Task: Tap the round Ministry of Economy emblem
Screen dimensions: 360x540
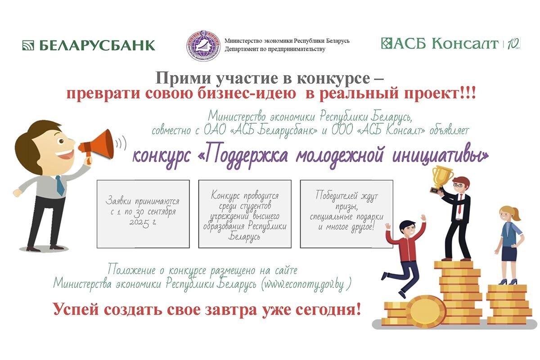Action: coord(204,45)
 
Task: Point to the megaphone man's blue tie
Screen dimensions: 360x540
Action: coord(59,185)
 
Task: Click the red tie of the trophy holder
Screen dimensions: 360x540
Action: coord(459,205)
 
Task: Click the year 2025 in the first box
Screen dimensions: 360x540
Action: coord(139,222)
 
